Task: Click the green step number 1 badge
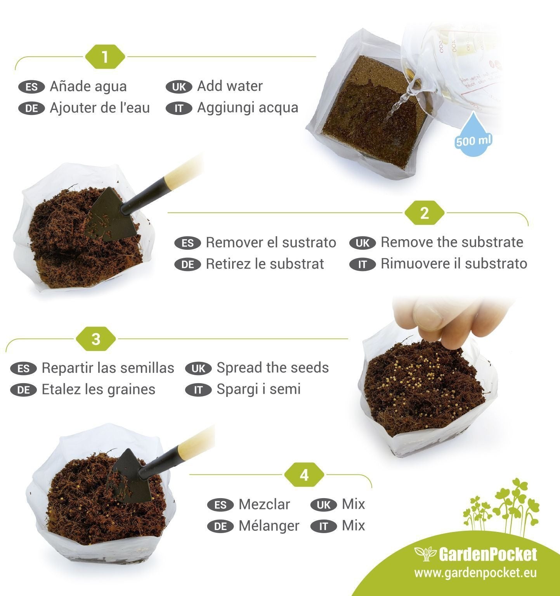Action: (x=105, y=57)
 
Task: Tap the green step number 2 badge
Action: (x=424, y=213)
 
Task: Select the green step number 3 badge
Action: (x=96, y=339)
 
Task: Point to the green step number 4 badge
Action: (x=304, y=475)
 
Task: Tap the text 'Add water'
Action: (x=230, y=86)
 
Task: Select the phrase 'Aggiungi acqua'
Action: (x=248, y=108)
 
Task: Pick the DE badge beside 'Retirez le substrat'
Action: (x=188, y=265)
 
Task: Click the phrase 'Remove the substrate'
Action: (x=452, y=242)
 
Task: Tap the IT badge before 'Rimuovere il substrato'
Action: (x=362, y=265)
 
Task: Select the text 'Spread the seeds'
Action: (x=272, y=368)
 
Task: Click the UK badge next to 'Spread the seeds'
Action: (x=198, y=368)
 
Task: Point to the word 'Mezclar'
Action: (x=264, y=504)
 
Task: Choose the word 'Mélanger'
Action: (x=269, y=526)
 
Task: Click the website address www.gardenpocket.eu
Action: (x=475, y=573)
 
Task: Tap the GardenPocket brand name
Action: (x=488, y=554)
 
